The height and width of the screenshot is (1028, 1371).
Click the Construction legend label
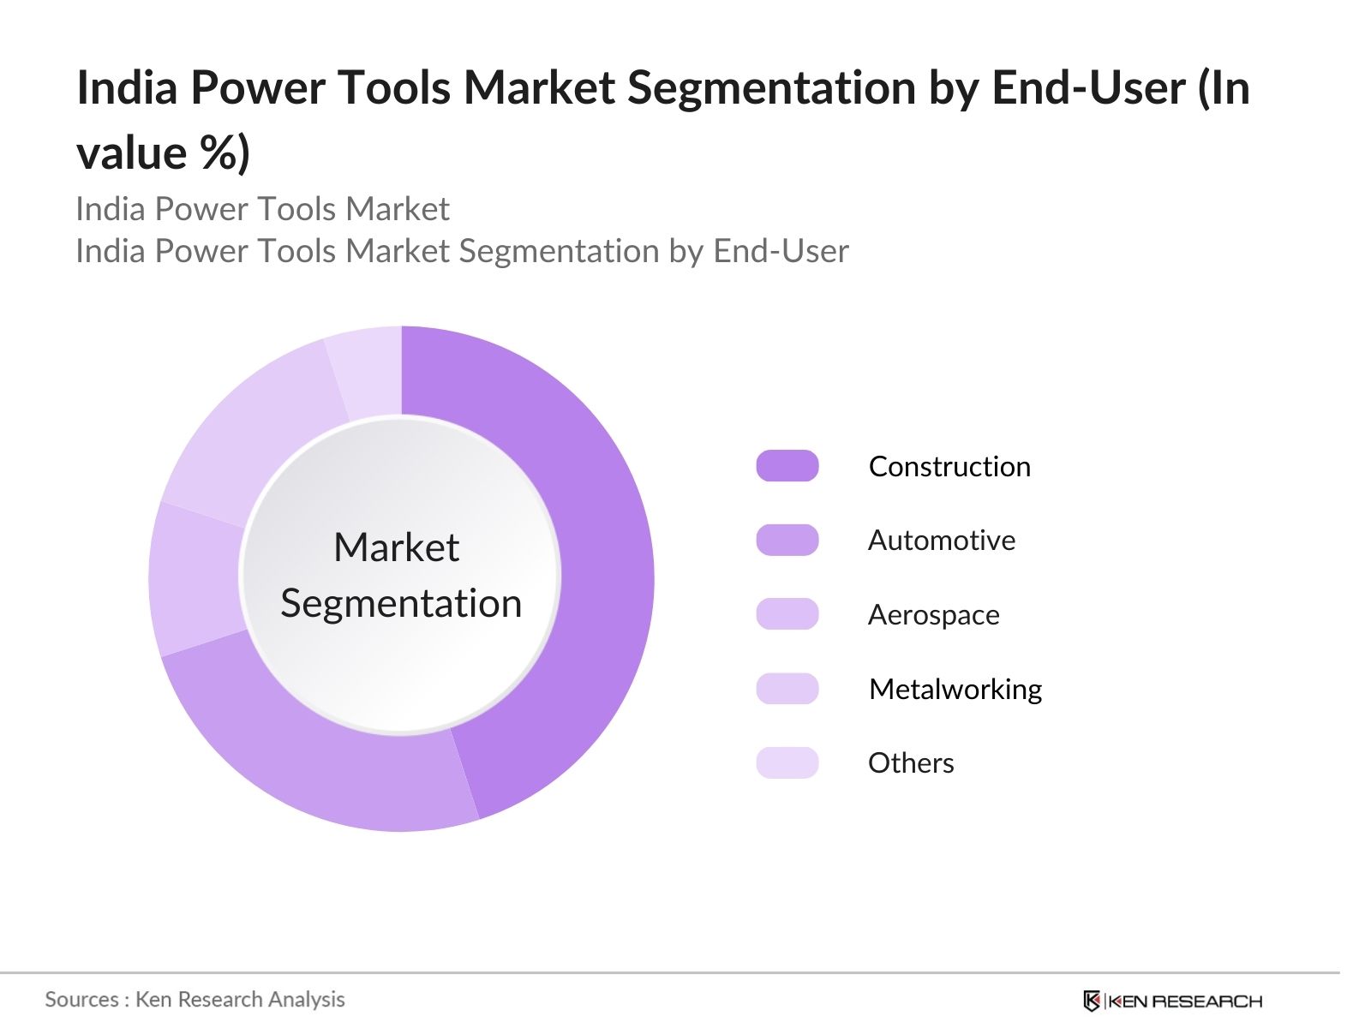[x=949, y=467]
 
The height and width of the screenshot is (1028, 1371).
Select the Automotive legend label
[x=942, y=541]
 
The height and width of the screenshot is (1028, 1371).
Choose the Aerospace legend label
[x=933, y=615]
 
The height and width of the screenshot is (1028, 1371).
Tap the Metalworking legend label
[x=955, y=689]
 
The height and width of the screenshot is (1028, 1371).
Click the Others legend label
[x=911, y=763]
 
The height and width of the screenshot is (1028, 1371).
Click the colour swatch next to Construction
[x=787, y=466]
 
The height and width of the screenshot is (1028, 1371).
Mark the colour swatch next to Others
[x=787, y=762]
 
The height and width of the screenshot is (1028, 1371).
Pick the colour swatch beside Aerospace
[x=787, y=614]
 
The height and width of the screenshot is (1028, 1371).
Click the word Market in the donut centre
[x=397, y=547]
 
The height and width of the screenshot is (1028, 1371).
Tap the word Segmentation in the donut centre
[x=401, y=604]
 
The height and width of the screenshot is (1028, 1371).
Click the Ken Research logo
[x=1172, y=1001]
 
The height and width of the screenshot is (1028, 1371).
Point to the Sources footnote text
[x=195, y=999]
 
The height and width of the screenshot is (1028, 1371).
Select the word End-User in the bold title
[x=1088, y=88]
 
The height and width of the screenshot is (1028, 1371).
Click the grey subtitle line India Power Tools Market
[x=262, y=209]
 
